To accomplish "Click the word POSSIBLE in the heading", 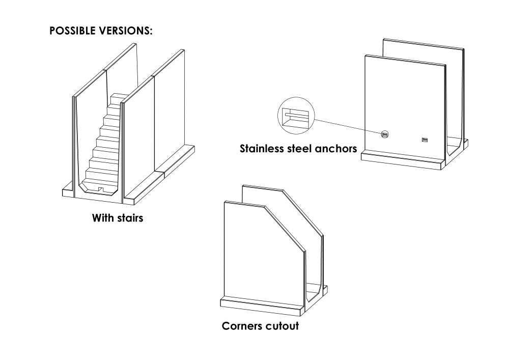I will tap(72, 31).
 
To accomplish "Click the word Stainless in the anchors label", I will tap(265, 149).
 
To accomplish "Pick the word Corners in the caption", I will tap(242, 325).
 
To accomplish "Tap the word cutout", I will tap(281, 325).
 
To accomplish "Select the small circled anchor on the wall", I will tap(384, 134).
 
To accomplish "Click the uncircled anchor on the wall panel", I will tap(425, 140).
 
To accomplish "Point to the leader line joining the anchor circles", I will tap(349, 126).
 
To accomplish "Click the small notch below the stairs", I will tap(101, 191).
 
